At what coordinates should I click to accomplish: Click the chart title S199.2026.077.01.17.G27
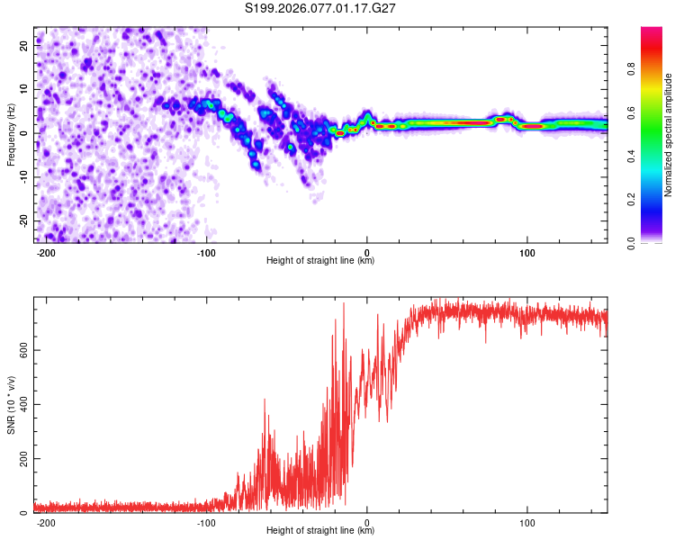coord(321,9)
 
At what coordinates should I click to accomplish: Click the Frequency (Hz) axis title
coord(12,135)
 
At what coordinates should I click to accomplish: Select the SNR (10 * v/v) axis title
coord(12,405)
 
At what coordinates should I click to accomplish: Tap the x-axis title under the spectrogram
coord(320,261)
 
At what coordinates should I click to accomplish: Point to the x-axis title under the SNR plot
coord(320,531)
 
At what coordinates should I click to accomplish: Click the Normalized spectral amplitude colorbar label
coord(669,135)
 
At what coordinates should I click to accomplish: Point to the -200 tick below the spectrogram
coord(46,251)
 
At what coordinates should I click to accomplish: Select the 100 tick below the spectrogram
coord(527,251)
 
